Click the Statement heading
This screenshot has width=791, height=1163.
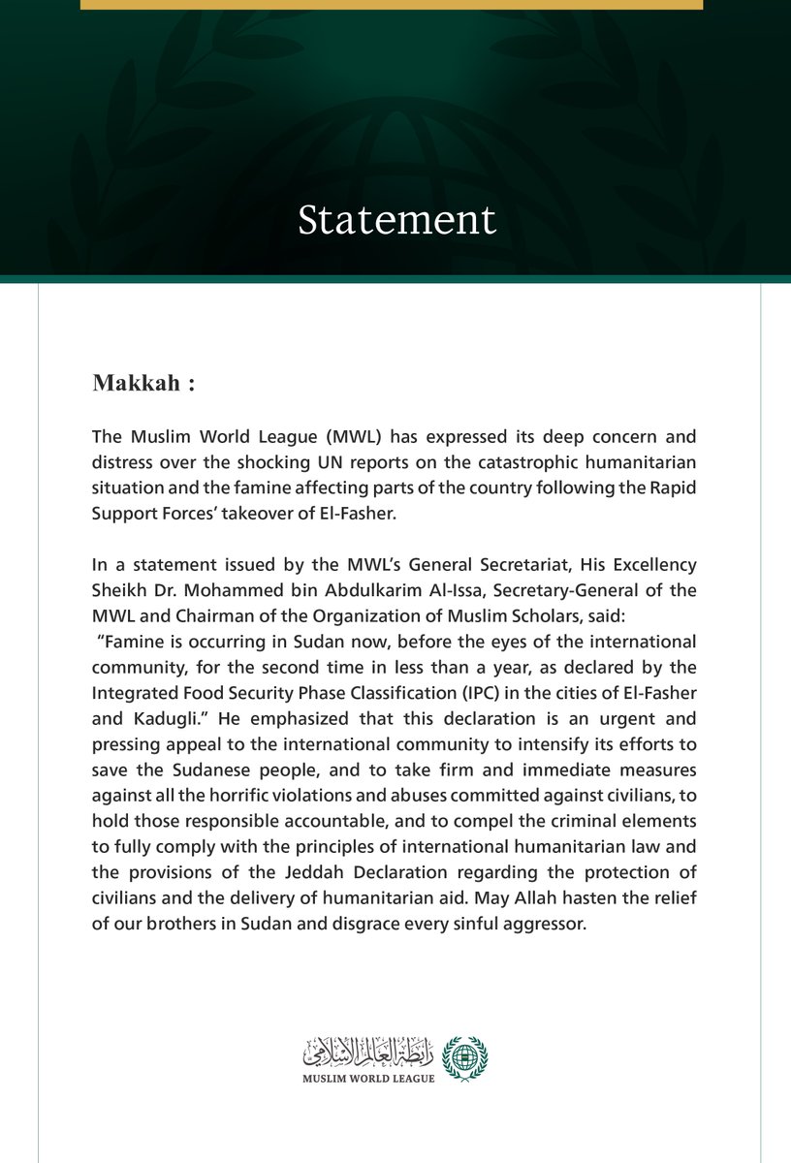pyautogui.click(x=396, y=220)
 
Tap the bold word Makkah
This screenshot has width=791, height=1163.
pyautogui.click(x=136, y=382)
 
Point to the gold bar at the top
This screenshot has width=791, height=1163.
pyautogui.click(x=391, y=5)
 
